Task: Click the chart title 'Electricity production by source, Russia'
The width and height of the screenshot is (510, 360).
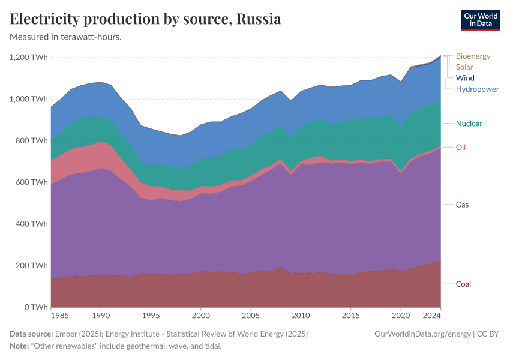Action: click(x=146, y=19)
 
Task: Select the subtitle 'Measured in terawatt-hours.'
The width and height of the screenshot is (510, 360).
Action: click(x=66, y=37)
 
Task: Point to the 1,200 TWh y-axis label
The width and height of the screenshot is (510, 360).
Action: click(x=29, y=58)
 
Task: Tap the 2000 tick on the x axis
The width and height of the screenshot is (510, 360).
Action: click(x=200, y=314)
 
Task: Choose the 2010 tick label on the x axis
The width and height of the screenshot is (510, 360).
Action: click(x=301, y=314)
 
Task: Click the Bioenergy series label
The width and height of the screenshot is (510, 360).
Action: click(x=473, y=56)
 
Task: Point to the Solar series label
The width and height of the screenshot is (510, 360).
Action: click(x=464, y=67)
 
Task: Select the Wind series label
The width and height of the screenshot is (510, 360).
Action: click(x=465, y=78)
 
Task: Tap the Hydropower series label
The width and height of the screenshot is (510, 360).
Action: click(x=477, y=89)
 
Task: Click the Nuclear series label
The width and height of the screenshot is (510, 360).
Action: click(x=469, y=124)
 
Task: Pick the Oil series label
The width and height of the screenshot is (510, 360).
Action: click(x=461, y=148)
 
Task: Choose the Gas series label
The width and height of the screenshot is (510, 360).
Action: click(x=462, y=205)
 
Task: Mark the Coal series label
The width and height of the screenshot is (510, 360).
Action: click(x=463, y=284)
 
